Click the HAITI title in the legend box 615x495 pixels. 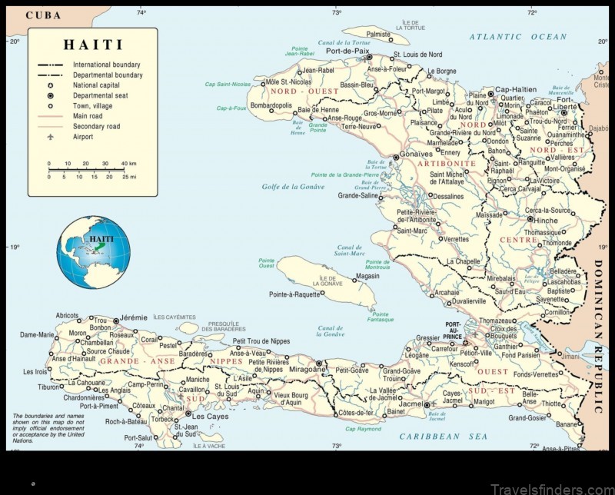click(92, 45)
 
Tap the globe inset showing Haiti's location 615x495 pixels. click(94, 252)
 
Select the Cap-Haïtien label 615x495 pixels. click(515, 89)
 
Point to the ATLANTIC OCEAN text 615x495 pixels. click(517, 36)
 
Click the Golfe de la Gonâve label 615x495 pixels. click(294, 187)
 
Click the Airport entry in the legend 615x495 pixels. click(83, 137)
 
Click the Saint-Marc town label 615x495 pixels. click(411, 230)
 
